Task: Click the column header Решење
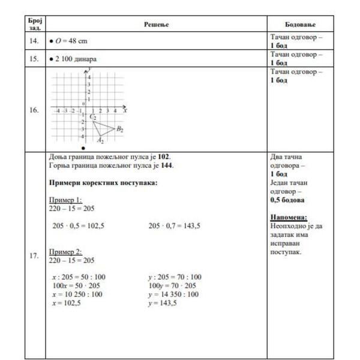tap(157, 24)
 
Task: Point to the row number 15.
tap(34, 59)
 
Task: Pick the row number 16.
tap(34, 110)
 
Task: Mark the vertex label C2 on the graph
tap(93, 117)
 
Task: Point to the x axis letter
tap(124, 111)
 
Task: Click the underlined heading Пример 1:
tap(65, 200)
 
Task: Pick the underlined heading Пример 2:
tap(65, 252)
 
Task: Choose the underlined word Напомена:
tap(289, 217)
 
